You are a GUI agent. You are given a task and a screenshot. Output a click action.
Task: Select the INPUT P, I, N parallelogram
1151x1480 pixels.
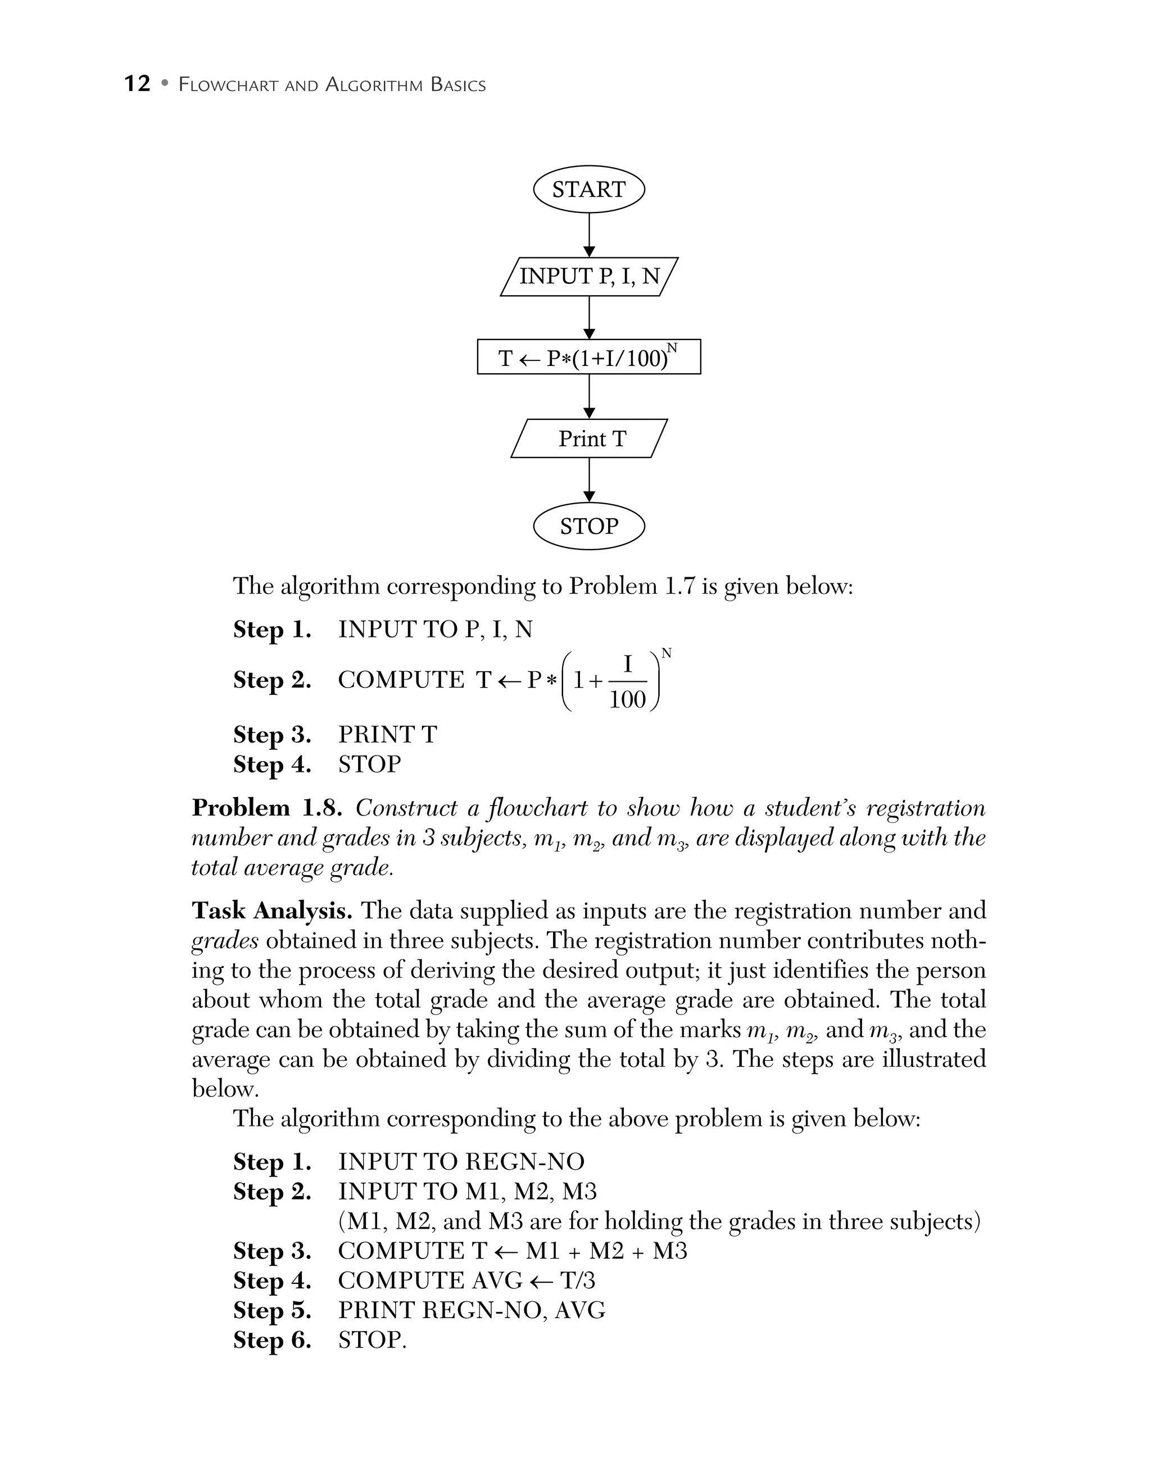point(589,277)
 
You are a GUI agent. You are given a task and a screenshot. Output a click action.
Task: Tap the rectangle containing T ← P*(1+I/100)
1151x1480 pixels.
point(589,357)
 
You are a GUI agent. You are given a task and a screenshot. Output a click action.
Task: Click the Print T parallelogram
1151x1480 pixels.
point(589,438)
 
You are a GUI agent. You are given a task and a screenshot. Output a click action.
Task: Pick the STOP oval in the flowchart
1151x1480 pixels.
point(589,526)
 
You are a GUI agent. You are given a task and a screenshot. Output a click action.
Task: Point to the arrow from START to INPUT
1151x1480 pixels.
point(589,234)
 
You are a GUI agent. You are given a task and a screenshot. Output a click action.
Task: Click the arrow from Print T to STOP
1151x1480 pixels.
point(589,480)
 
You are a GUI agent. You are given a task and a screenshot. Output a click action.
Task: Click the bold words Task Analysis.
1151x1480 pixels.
point(271,911)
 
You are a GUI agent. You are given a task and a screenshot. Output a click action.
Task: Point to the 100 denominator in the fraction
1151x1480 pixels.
point(627,699)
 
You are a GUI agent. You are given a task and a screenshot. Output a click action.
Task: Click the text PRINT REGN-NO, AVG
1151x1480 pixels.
point(472,1310)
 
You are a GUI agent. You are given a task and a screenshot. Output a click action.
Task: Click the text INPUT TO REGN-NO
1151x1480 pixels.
point(461,1161)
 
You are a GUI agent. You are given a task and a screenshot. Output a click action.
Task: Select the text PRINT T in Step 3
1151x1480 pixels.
point(387,735)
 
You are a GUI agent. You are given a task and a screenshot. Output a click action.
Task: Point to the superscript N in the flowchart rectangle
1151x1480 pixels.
point(672,347)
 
